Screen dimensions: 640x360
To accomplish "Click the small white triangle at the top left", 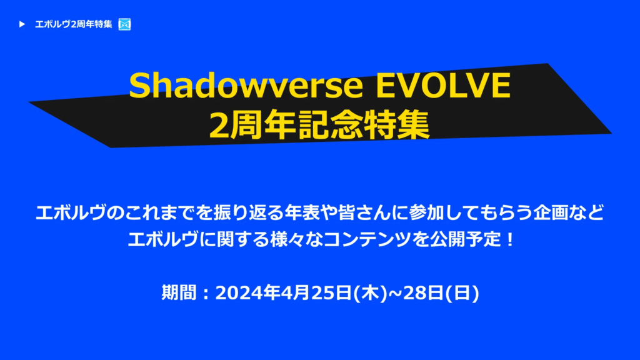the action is click(x=22, y=24).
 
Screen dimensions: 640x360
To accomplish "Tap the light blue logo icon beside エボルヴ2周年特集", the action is click(x=124, y=24).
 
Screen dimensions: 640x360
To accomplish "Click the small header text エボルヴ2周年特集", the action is click(x=74, y=24).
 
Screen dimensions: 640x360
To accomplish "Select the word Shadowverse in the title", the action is click(x=246, y=85).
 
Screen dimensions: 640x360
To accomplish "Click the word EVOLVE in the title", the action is click(x=443, y=85).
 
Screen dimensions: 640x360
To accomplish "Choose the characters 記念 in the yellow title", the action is click(x=330, y=125).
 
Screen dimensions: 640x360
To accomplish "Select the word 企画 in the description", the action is click(x=551, y=212).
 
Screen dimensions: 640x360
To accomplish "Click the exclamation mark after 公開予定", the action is click(x=509, y=239).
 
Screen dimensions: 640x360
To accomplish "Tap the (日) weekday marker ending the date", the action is click(x=462, y=293).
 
